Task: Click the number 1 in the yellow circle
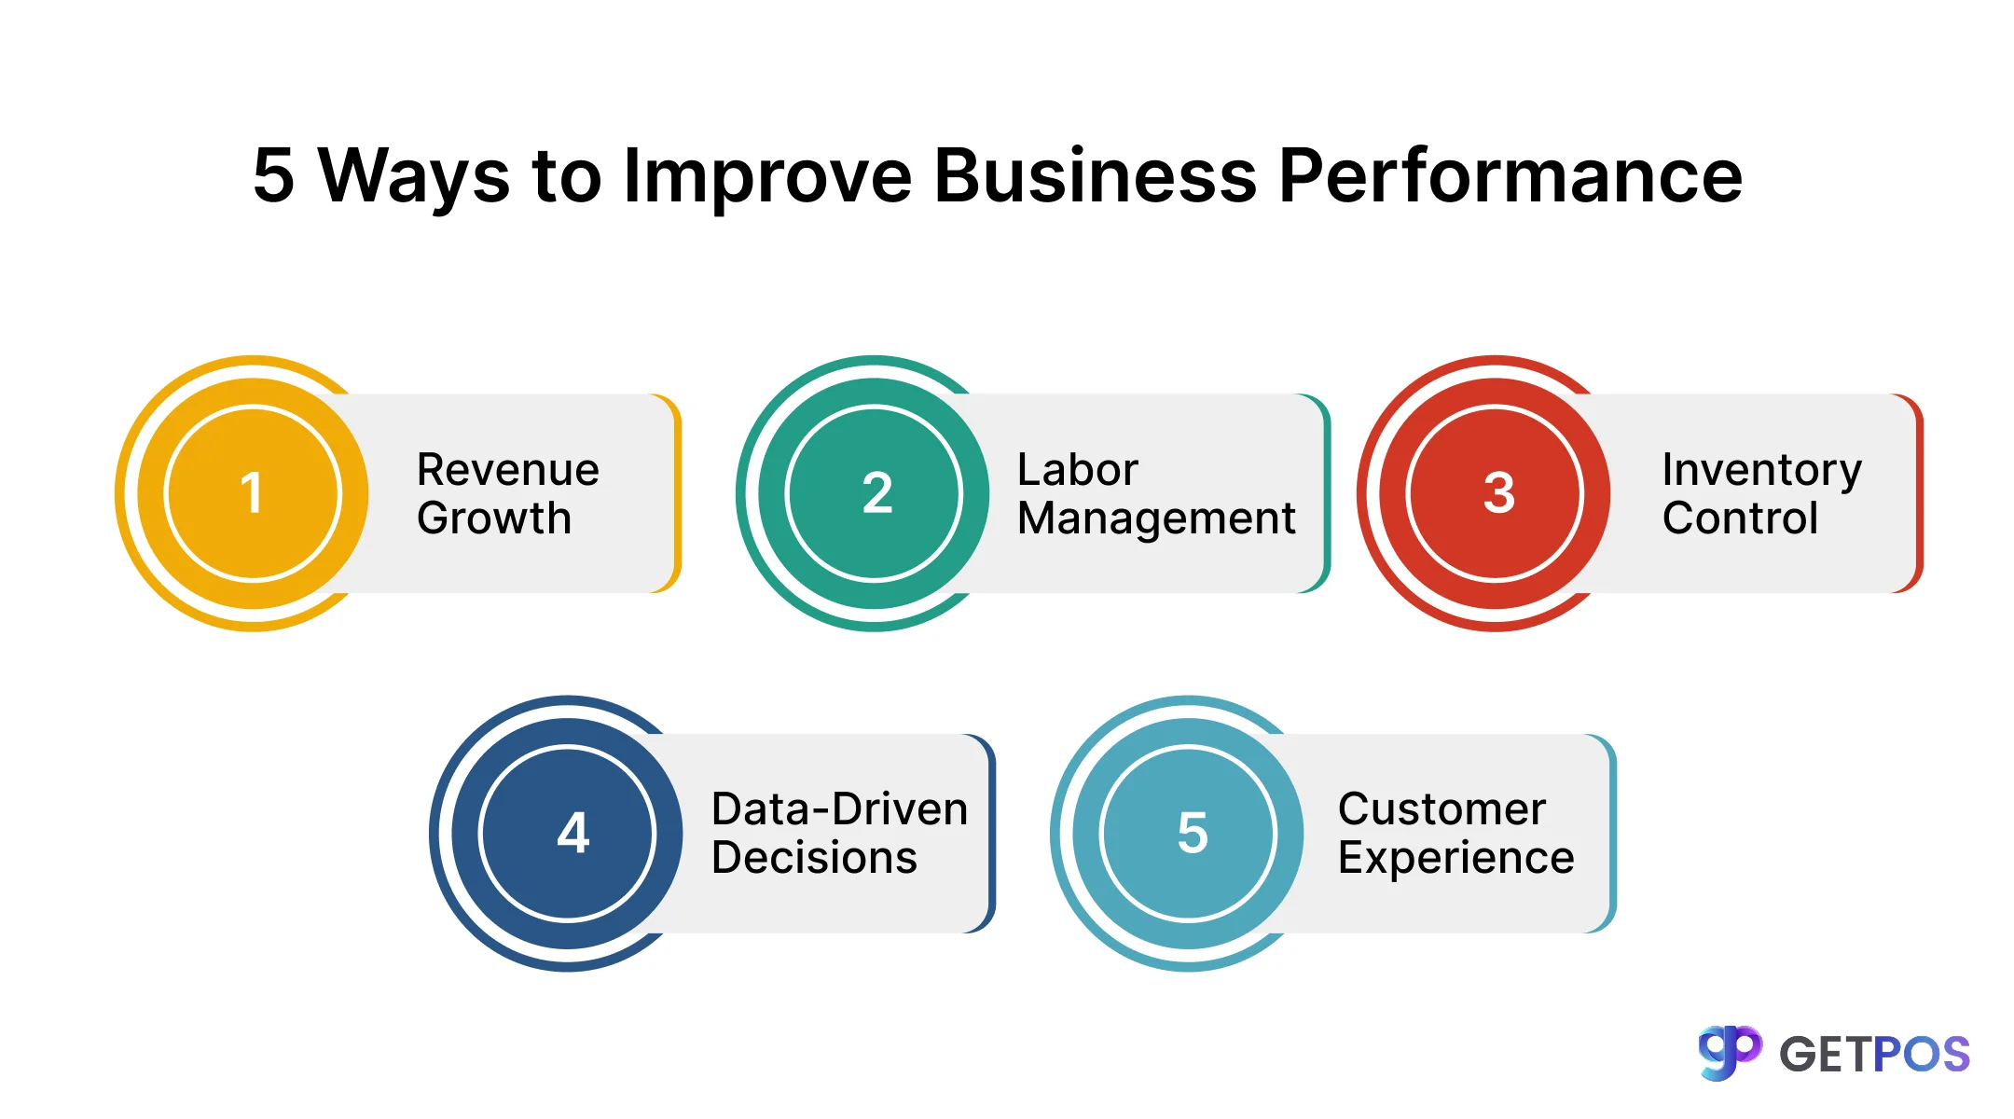251,492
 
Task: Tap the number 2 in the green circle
877,492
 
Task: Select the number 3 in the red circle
1499,492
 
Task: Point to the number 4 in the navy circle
573,832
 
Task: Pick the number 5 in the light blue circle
1193,832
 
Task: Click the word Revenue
508,469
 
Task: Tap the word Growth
494,518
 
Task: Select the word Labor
1078,469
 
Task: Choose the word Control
1740,518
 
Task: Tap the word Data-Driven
839,808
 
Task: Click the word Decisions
814,857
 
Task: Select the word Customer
1442,808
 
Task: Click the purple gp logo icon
1730,1053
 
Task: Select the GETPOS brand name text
1874,1055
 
